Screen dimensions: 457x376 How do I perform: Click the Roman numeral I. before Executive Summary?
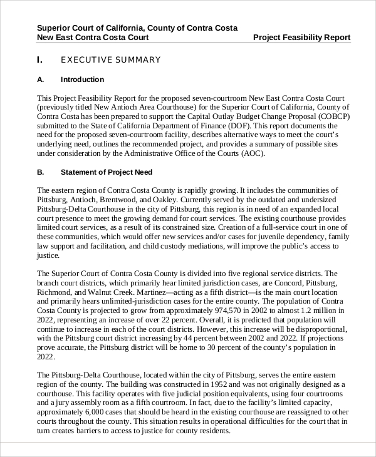click(x=40, y=60)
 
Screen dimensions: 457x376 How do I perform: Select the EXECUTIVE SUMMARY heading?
click(x=110, y=60)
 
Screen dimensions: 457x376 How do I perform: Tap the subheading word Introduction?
click(x=82, y=80)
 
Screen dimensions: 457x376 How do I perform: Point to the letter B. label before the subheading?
click(x=41, y=172)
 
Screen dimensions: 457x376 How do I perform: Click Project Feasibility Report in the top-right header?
click(x=301, y=38)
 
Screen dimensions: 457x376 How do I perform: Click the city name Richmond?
click(x=55, y=292)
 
